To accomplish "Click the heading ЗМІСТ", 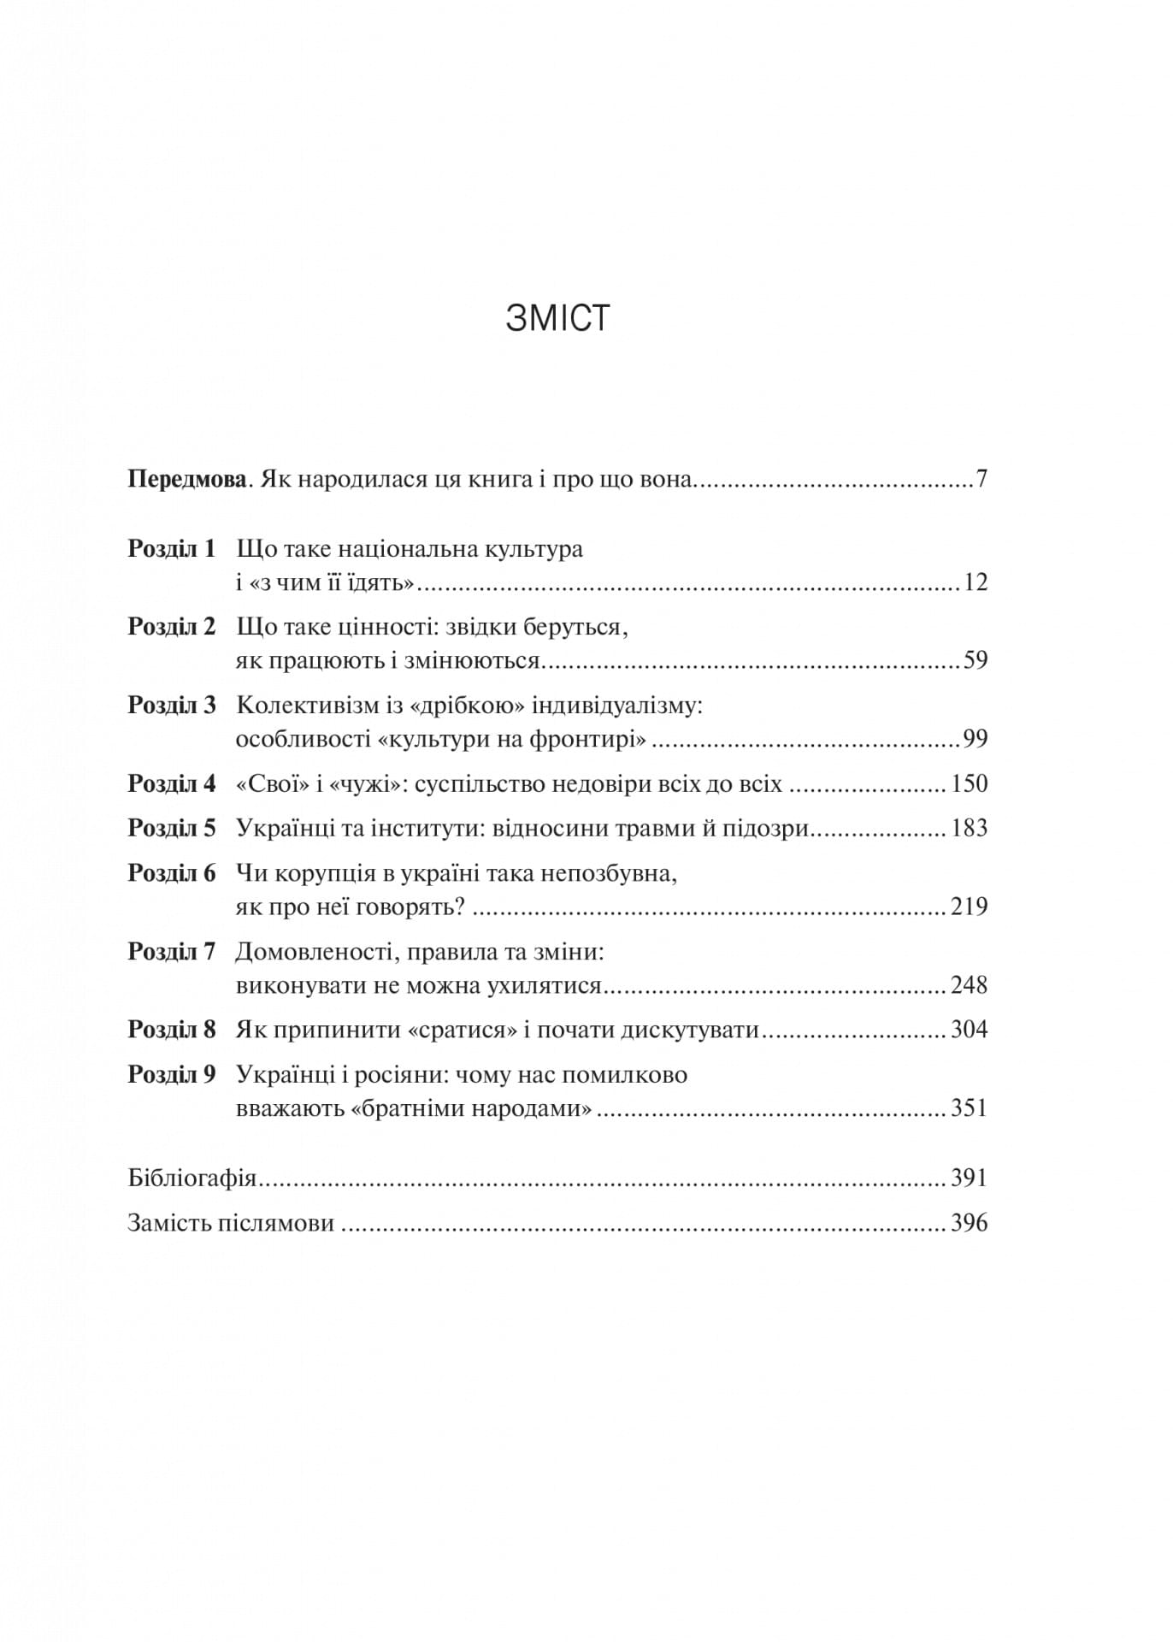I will click(x=557, y=318).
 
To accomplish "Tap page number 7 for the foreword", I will click(x=981, y=479).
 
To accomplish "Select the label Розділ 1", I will click(x=172, y=548).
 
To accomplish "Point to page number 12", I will click(x=975, y=582).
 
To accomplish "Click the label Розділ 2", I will click(x=172, y=627).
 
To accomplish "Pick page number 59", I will click(x=975, y=661).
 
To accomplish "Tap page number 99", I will click(x=975, y=739).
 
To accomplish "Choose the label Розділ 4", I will click(x=172, y=783).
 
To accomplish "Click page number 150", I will click(x=969, y=783).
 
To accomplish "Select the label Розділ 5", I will click(x=172, y=828).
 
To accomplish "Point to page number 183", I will click(x=969, y=828).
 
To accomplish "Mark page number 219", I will click(x=969, y=907).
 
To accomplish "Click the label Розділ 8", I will click(x=172, y=1029).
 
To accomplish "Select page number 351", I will click(x=969, y=1108).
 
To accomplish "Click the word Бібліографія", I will click(x=192, y=1178).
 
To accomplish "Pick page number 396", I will click(x=969, y=1223).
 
